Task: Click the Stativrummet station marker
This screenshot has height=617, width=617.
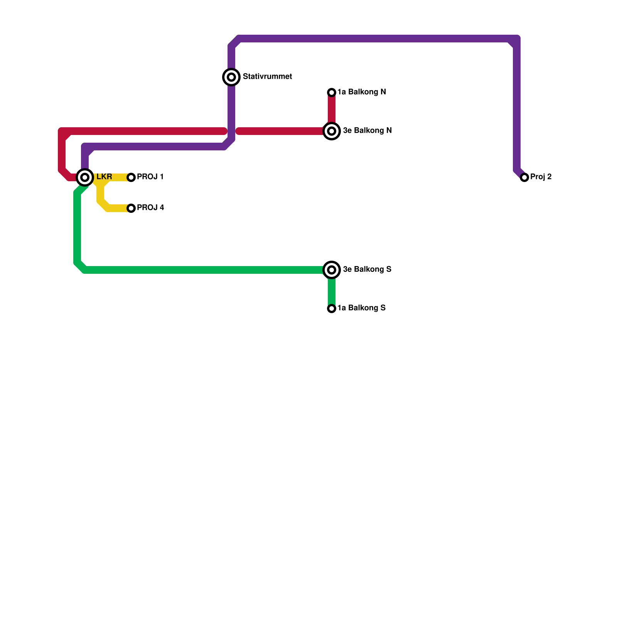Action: click(231, 77)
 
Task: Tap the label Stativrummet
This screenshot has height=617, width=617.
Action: click(267, 77)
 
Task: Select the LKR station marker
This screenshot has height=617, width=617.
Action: click(85, 177)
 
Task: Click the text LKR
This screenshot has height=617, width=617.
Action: click(104, 177)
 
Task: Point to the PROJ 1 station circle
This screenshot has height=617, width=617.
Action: click(131, 177)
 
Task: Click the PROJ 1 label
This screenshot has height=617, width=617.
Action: click(150, 177)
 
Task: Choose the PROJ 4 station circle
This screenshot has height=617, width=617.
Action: click(131, 208)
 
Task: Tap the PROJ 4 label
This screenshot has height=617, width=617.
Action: click(150, 208)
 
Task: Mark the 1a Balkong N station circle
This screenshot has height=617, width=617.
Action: click(332, 93)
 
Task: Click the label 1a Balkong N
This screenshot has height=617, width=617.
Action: click(361, 92)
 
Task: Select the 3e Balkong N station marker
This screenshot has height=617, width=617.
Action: click(332, 131)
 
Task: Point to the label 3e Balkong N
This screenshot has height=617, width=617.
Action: click(367, 131)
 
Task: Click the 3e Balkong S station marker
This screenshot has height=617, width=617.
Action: click(332, 270)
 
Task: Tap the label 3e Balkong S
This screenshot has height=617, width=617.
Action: click(367, 270)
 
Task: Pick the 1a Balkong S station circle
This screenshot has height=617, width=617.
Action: click(332, 308)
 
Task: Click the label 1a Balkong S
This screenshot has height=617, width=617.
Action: click(361, 308)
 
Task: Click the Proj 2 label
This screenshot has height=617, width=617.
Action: click(541, 177)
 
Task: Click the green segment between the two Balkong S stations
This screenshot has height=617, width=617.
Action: click(332, 291)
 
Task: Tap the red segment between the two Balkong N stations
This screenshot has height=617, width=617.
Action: click(332, 110)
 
